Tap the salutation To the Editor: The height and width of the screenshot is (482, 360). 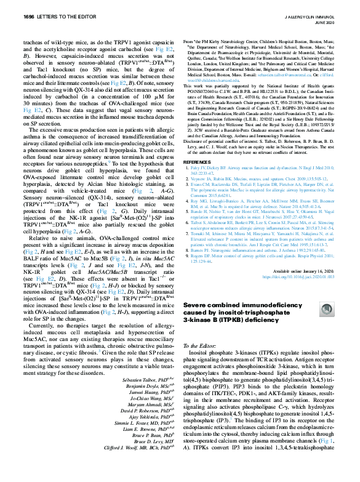click(201, 329)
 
